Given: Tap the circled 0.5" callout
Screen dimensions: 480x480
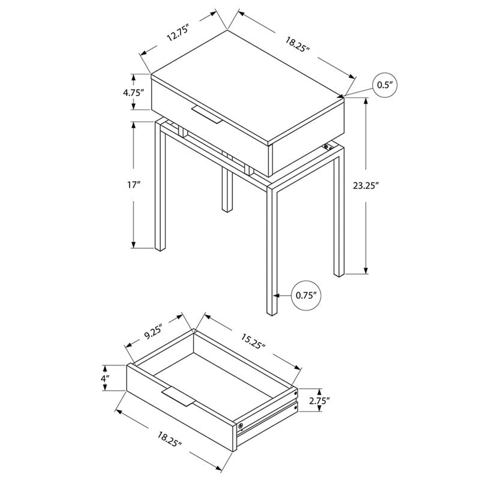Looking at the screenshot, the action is [385, 85].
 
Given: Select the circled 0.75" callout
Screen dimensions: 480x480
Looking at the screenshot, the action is [306, 295].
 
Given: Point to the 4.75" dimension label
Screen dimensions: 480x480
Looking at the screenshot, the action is [133, 92].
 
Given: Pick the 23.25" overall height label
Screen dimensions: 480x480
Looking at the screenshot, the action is [366, 185].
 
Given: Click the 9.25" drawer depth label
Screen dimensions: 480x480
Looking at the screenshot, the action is [153, 332].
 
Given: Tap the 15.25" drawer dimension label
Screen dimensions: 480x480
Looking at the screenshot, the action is [253, 341].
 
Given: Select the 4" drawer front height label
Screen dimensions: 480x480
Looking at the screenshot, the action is [106, 378].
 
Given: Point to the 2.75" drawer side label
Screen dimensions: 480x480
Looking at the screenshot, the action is [319, 400].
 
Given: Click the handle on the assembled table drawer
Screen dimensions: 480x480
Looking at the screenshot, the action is [206, 115].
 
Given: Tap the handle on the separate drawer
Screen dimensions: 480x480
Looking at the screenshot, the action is [179, 397].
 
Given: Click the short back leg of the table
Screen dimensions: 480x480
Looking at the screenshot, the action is [227, 190].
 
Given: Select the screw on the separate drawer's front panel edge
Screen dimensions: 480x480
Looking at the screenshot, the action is [241, 425].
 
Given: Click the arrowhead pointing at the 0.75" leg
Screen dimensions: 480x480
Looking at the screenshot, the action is [277, 295].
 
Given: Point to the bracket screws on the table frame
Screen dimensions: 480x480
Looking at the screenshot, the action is [328, 147].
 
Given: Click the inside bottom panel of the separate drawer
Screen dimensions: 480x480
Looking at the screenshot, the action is [214, 378].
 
